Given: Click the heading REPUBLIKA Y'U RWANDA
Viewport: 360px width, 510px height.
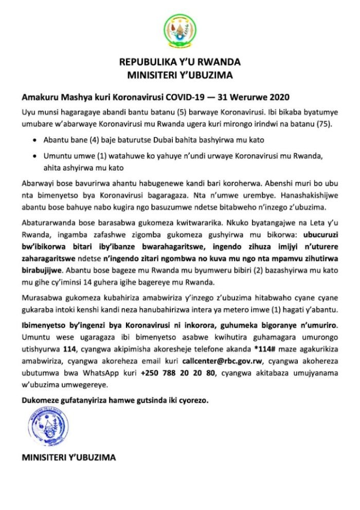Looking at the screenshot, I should pos(180,63).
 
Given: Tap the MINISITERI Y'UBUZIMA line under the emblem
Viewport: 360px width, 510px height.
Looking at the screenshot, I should pos(180,76).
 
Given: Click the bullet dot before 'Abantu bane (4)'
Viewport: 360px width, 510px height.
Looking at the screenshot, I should pos(34,140).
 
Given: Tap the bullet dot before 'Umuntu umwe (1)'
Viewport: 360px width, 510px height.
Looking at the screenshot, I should pos(34,157).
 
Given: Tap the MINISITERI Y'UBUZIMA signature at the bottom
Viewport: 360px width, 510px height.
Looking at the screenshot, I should pos(68,457).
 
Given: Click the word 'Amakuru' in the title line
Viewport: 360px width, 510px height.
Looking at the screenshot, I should pos(38,97).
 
